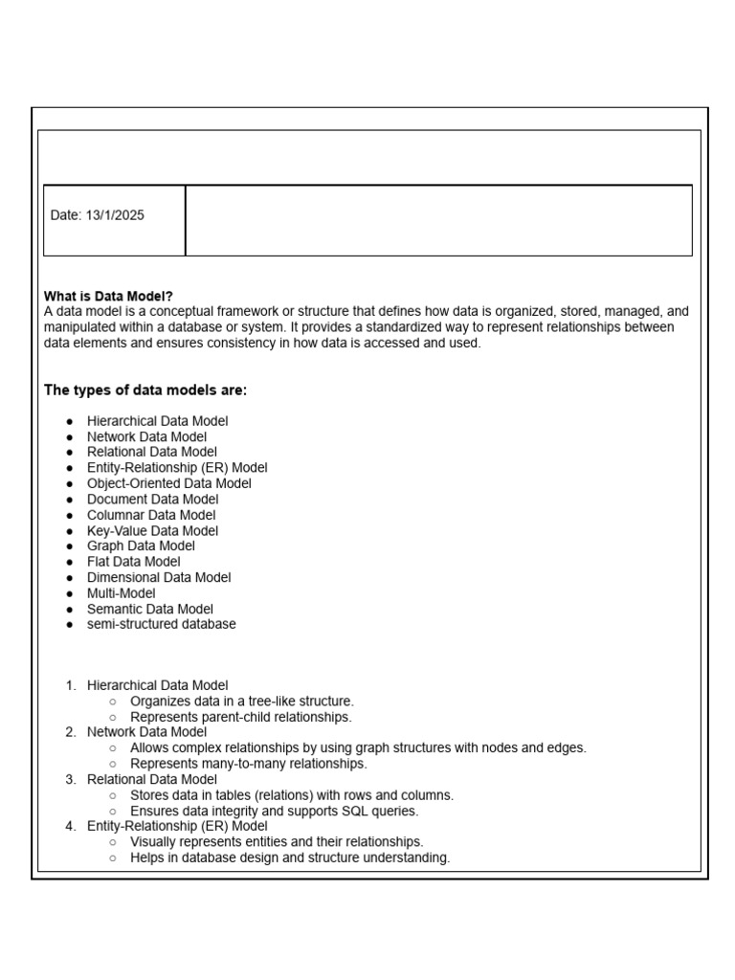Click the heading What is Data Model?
(108, 297)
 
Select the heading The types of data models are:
(145, 390)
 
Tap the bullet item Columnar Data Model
(151, 515)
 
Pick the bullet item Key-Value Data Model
(152, 530)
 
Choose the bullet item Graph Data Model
(141, 546)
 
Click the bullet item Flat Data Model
(133, 562)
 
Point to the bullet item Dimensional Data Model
(158, 577)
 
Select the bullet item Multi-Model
(122, 593)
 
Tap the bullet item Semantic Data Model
(149, 609)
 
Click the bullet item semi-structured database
(161, 624)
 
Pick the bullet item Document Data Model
(152, 499)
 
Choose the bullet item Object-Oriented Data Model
(168, 483)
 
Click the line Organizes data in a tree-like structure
(241, 701)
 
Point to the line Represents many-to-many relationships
(248, 764)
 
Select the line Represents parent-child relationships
(240, 717)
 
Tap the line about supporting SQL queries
(274, 811)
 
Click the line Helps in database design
(289, 857)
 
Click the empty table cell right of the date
(438, 220)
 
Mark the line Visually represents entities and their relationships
(277, 842)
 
